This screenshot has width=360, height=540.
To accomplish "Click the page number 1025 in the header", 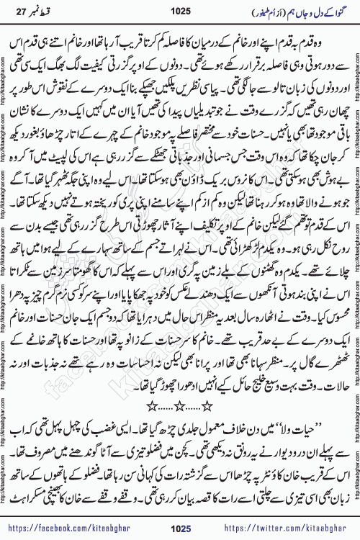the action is tap(180, 11).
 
